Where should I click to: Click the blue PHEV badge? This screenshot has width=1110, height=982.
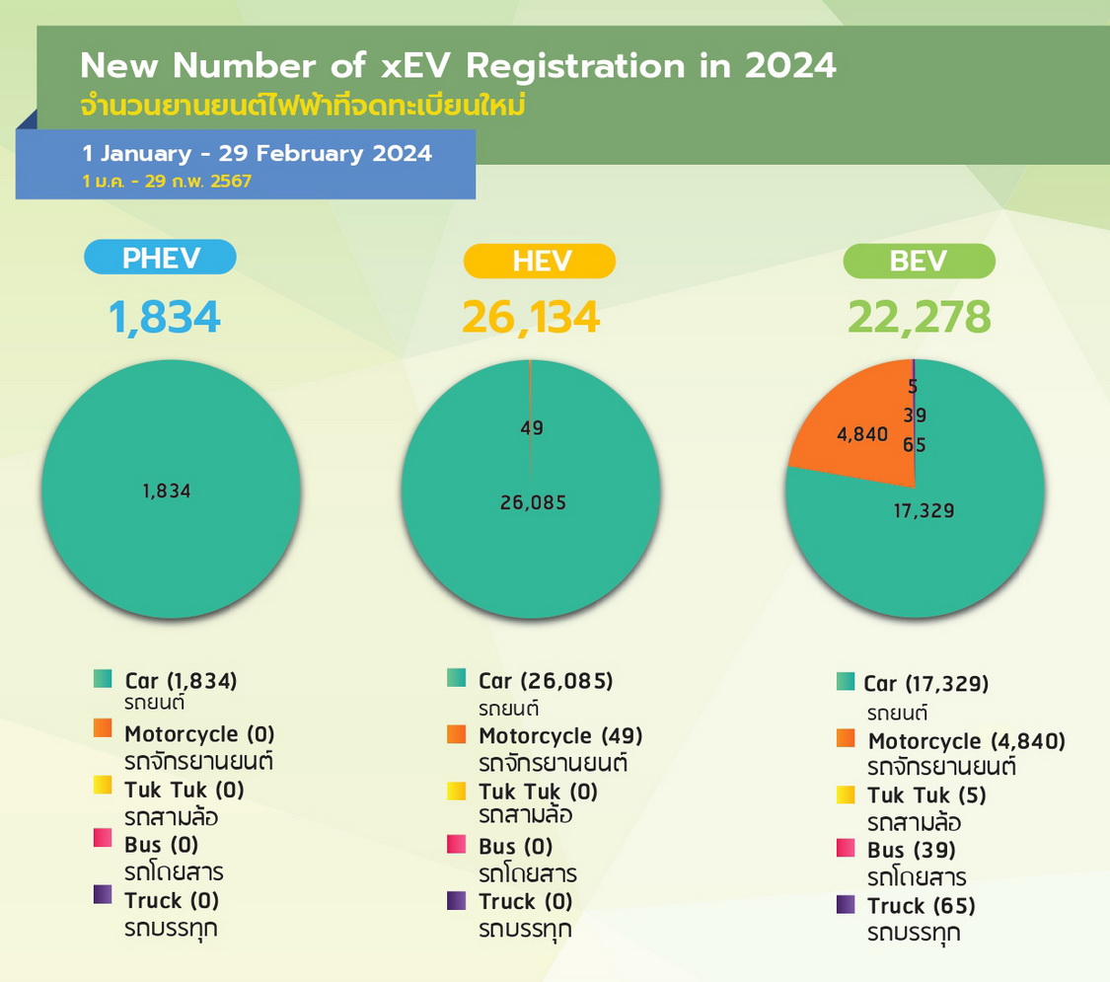pos(161,258)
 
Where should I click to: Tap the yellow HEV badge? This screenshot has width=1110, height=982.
pos(539,262)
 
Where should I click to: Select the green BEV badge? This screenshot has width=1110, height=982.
pos(919,261)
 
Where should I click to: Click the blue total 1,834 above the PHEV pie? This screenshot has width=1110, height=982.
pos(165,318)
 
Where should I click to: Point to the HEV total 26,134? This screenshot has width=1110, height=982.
pos(531,318)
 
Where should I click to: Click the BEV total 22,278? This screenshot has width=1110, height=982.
pos(920,318)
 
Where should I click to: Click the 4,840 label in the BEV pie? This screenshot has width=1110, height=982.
pos(861,433)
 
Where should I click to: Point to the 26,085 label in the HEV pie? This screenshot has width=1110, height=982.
pos(533,502)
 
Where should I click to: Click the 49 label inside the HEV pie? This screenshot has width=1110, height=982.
pos(532,427)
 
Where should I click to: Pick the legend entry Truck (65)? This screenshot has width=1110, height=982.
pos(922,906)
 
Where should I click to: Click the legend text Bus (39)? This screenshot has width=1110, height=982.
pos(912,850)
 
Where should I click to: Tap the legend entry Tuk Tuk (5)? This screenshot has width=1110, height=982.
pos(926,795)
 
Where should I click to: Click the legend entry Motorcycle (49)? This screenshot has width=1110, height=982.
pos(560,735)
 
